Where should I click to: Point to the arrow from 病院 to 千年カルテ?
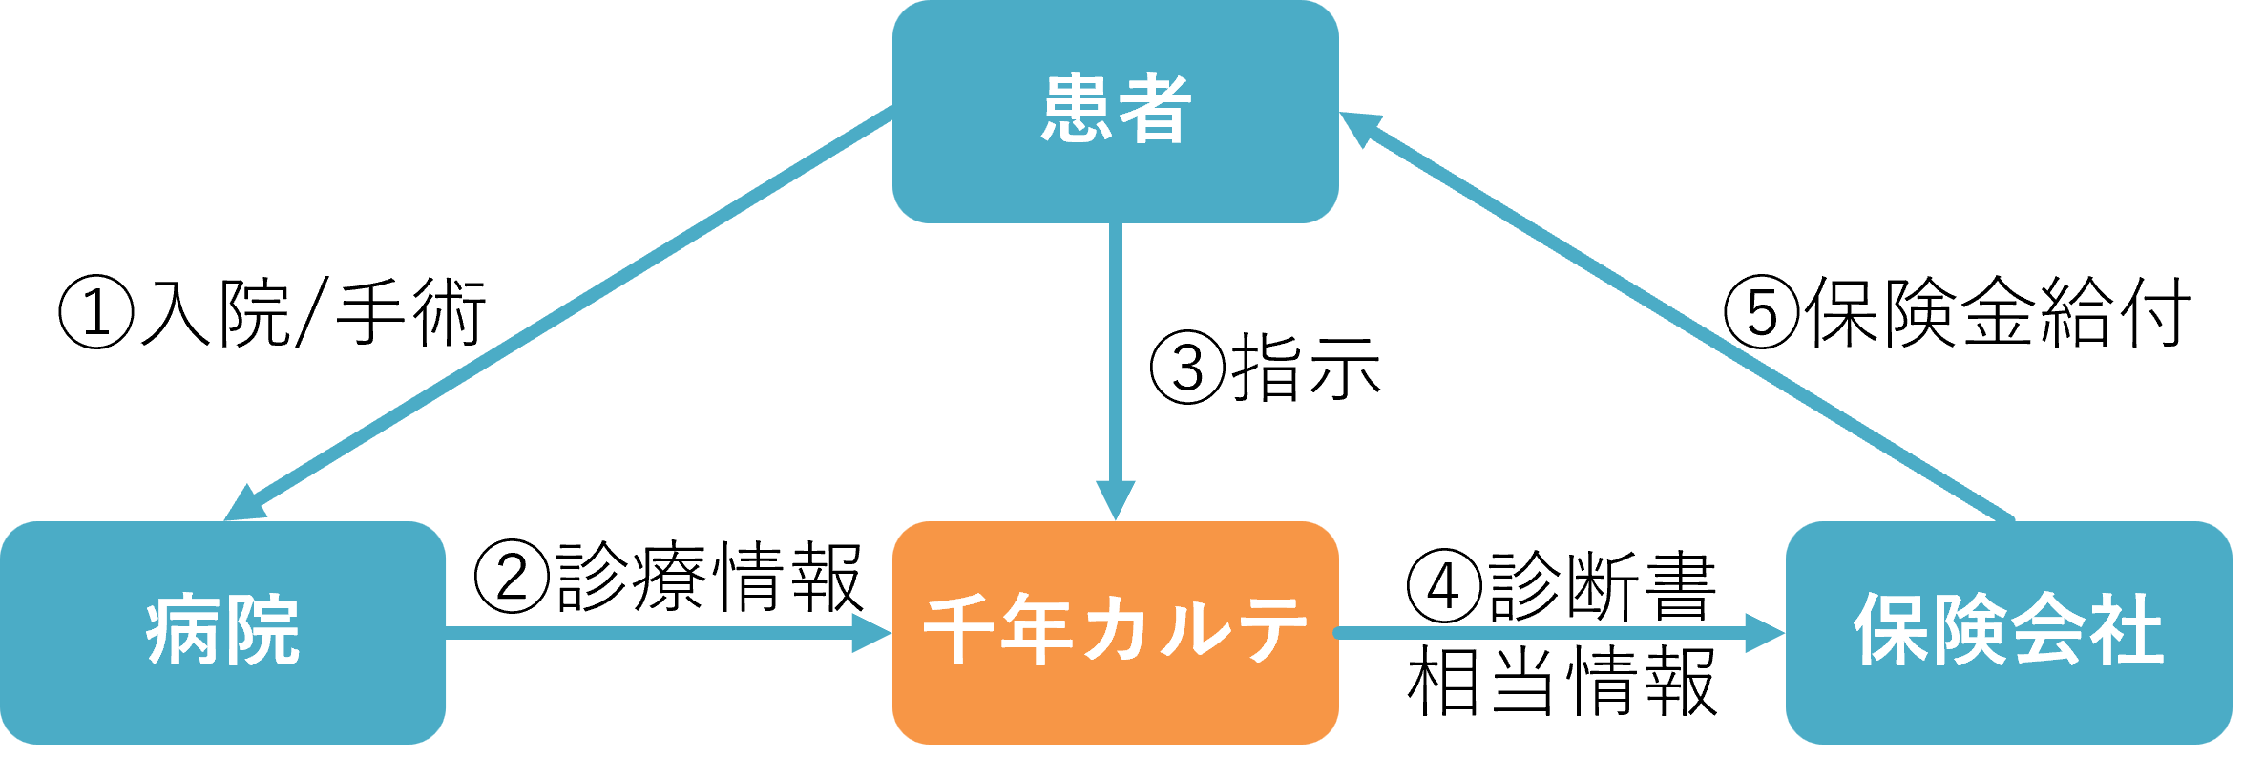click(x=649, y=632)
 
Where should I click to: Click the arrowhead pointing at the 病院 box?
click(x=244, y=506)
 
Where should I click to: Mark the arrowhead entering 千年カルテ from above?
click(x=1115, y=500)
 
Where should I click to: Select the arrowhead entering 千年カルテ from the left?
click(x=870, y=632)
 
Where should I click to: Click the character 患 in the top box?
click(x=1078, y=109)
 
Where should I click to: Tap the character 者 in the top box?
click(x=1154, y=109)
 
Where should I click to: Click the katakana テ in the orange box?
click(x=1266, y=630)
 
